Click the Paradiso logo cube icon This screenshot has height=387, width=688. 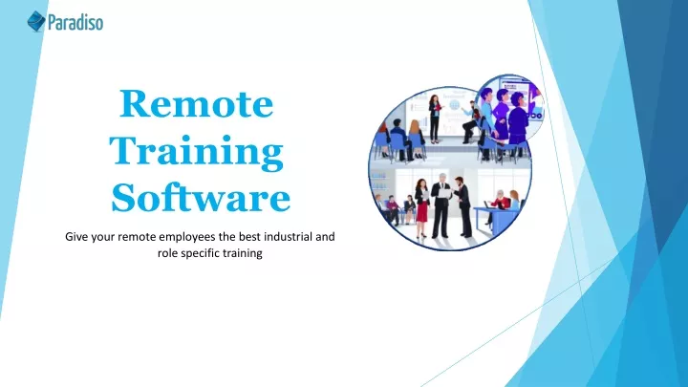coord(36,21)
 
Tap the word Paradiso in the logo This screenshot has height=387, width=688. coord(75,22)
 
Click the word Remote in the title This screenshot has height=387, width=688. coord(196,103)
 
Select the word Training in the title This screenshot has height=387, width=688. coord(196,151)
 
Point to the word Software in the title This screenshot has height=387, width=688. coord(201,197)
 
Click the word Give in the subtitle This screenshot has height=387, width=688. coord(76,237)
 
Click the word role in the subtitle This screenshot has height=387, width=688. coord(167,253)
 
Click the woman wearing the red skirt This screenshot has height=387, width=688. coord(421,207)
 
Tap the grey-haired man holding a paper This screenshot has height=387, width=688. coord(441,204)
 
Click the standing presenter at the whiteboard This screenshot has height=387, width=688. coord(435,118)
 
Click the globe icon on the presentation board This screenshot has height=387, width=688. coord(454,105)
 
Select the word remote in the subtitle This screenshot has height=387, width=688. coord(137,237)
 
